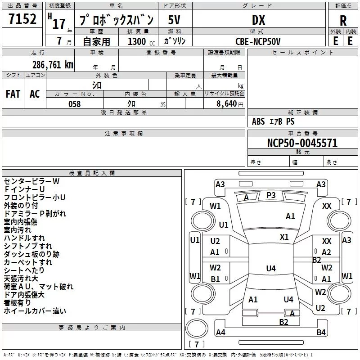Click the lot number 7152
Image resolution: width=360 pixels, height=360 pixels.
click(22, 19)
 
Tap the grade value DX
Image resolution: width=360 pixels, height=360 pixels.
click(258, 20)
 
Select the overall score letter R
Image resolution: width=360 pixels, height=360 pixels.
click(343, 21)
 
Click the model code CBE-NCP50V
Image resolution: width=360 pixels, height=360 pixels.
click(258, 41)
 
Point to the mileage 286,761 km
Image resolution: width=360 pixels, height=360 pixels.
click(53, 65)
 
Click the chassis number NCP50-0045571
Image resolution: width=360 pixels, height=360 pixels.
click(302, 143)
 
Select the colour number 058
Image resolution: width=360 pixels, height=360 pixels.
click(75, 104)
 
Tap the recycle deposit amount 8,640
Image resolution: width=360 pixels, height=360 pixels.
click(227, 103)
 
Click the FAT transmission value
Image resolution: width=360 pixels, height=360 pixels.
click(13, 94)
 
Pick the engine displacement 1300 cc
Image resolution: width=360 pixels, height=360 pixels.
click(141, 41)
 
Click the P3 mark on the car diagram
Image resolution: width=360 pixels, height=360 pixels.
click(271, 195)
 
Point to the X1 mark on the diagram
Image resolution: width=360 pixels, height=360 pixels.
click(284, 237)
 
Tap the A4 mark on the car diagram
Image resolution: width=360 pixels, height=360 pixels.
click(220, 332)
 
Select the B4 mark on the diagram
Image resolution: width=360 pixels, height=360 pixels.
click(321, 332)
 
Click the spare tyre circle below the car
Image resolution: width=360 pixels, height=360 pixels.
click(197, 328)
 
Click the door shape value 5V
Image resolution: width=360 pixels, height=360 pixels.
click(174, 20)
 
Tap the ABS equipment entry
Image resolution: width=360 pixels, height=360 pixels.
click(258, 121)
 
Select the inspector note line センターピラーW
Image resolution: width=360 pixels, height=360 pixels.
click(31, 181)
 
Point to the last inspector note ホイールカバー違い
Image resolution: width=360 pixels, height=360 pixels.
click(35, 311)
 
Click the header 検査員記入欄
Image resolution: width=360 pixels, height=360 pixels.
click(92, 173)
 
